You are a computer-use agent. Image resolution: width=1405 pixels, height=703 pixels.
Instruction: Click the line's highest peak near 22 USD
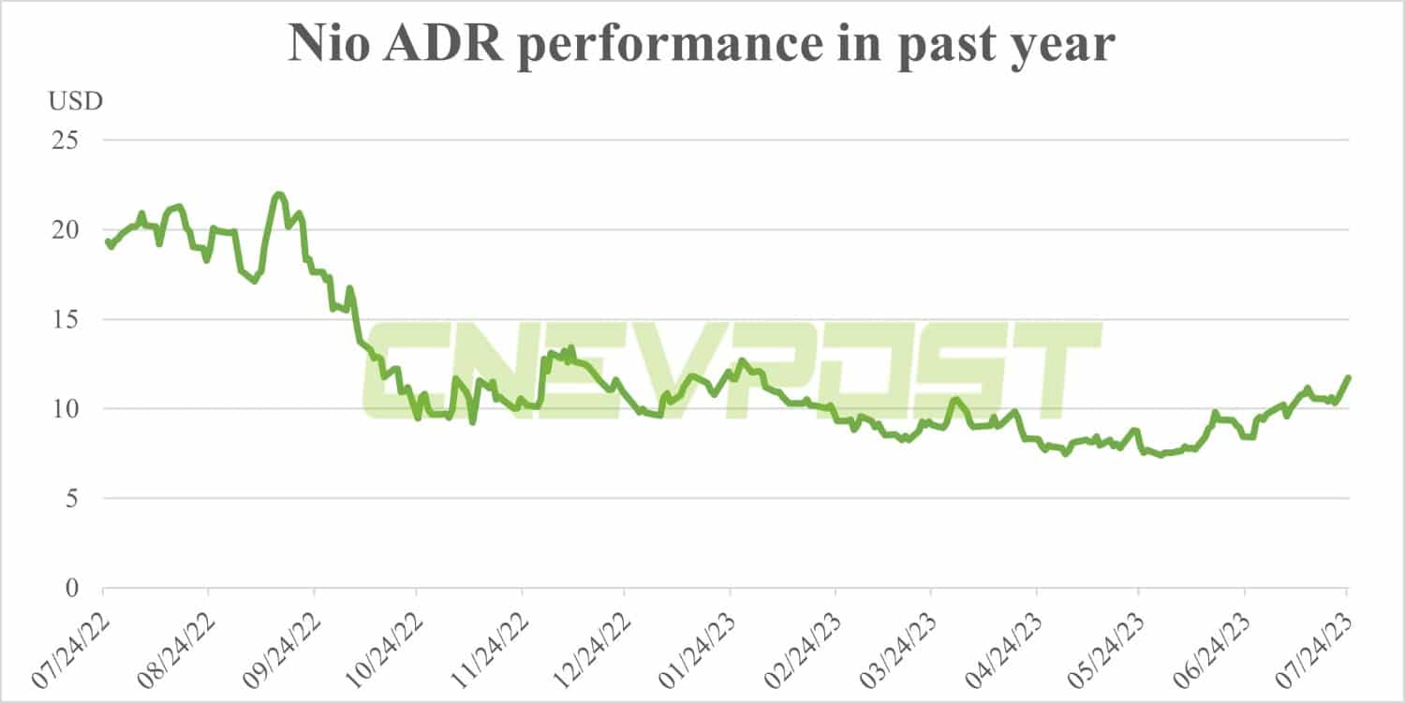coord(278,195)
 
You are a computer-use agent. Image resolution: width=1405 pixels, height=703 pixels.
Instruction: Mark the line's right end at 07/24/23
coord(1348,377)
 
